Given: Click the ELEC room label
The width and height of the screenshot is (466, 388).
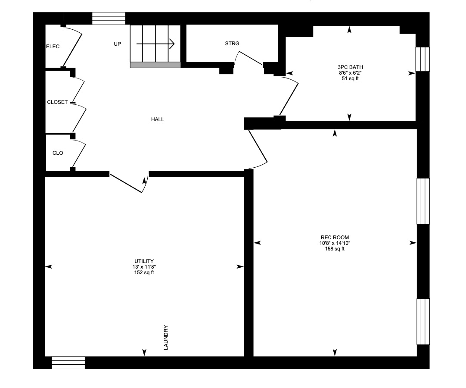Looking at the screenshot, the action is click(x=53, y=47).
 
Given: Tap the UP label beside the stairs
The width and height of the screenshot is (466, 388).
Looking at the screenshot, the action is click(x=118, y=44).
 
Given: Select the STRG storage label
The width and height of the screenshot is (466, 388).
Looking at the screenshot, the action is click(x=232, y=44).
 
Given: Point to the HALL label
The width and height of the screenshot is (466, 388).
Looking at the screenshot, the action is click(x=158, y=119).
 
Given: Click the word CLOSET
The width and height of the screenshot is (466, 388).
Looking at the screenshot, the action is click(x=57, y=102).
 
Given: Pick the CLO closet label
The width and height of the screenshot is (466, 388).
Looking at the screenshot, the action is click(x=58, y=153).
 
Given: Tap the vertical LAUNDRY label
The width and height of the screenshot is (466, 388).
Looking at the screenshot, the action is click(x=166, y=338).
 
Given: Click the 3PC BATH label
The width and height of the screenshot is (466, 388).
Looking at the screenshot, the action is click(x=351, y=67).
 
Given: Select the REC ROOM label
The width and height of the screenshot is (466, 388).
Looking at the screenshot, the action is click(x=335, y=238).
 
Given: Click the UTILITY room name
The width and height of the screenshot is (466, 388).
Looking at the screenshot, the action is click(x=144, y=261).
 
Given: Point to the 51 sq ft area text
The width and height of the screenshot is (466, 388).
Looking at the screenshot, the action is click(x=351, y=78).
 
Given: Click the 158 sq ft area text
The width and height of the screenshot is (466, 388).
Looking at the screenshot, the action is click(x=335, y=249).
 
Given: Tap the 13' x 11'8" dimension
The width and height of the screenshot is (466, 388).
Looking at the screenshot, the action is click(x=144, y=267).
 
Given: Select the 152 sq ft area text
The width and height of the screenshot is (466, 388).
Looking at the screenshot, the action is click(x=144, y=272).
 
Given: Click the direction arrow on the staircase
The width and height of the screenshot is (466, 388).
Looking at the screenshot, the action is click(x=155, y=44).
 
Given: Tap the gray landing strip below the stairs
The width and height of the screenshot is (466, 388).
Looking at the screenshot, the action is click(x=155, y=65).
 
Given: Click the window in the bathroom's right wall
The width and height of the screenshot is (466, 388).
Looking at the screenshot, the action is click(x=423, y=59).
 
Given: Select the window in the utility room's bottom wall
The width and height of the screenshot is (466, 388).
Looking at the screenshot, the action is click(x=68, y=363).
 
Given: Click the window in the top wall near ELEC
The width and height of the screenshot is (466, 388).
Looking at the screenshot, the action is click(x=109, y=19).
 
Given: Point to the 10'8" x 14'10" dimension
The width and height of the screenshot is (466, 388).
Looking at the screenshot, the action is click(x=335, y=243).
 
